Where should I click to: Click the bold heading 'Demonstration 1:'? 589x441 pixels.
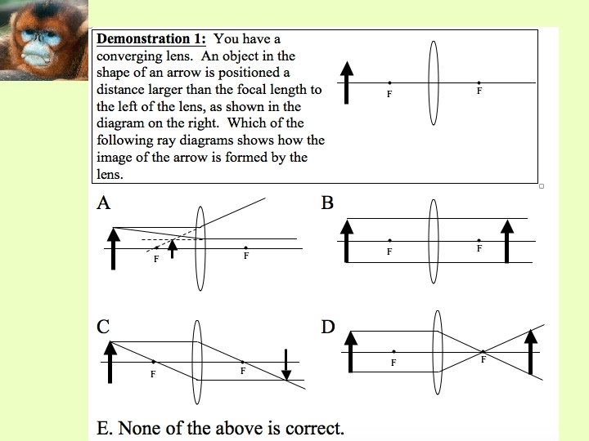tap(151, 39)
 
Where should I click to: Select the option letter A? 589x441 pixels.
tap(103, 203)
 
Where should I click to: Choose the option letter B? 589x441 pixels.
tap(327, 203)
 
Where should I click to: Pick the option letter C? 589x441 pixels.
tap(103, 327)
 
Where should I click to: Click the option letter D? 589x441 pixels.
tap(328, 327)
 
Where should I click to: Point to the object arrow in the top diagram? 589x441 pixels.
tap(347, 82)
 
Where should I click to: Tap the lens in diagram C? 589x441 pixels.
tap(197, 361)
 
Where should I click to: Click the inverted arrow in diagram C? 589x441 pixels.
tap(286, 365)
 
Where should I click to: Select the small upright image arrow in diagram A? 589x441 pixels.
tap(172, 248)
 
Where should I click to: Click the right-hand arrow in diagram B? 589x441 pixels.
tap(507, 241)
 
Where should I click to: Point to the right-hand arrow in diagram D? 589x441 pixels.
tap(533, 352)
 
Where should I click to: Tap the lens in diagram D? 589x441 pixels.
tap(439, 352)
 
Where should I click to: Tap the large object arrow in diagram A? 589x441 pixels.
tap(114, 248)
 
